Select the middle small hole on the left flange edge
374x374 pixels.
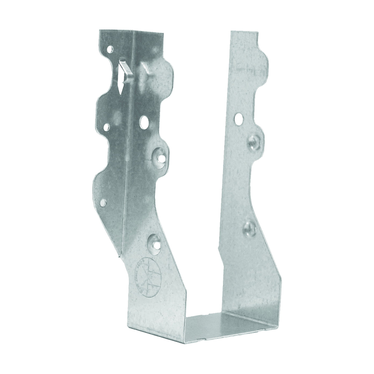click(x=107, y=127)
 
